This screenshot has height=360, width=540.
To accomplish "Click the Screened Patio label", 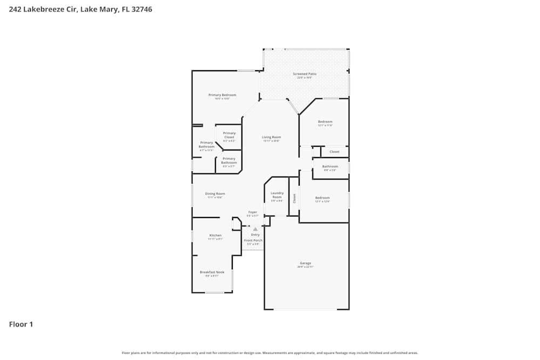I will point(305,74).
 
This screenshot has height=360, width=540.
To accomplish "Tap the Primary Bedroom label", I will point(222,95).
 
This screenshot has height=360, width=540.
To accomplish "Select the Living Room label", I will point(271,137).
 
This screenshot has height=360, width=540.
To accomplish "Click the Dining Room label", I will point(215,194).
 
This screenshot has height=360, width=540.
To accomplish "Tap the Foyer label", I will point(253,212).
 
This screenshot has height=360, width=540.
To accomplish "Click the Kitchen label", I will point(215,235).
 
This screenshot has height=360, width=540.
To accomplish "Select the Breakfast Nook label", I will point(212,272).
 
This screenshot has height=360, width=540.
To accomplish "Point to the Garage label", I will point(305,263).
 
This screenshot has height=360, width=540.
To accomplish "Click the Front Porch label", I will point(253,240).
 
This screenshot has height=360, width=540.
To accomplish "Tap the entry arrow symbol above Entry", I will point(255,229).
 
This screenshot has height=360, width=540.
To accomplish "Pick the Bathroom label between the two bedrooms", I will point(330,167).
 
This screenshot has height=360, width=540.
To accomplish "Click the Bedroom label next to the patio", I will point(325,122).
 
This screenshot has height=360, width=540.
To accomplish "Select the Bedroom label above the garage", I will point(322,198).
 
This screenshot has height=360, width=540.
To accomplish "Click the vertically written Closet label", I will point(294,198).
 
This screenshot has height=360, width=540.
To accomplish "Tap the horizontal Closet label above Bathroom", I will point(334,152).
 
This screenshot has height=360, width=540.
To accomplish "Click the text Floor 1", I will point(21,324).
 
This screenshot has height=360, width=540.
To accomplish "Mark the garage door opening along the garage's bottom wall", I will point(306,309).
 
